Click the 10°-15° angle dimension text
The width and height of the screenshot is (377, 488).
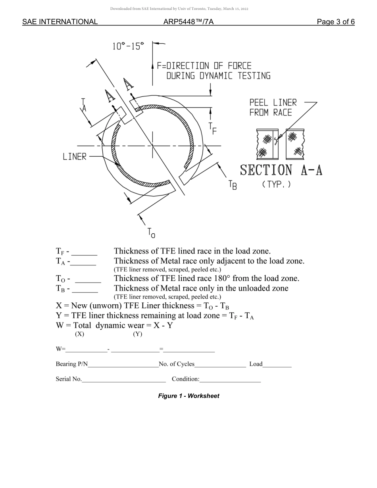pos(128,46)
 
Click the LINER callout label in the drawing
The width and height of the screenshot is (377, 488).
pos(75,157)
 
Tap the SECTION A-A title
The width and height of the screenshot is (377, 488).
pos(281,170)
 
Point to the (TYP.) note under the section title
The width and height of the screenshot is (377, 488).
pos(276,184)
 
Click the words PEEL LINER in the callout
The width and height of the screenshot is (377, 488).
pos(273,103)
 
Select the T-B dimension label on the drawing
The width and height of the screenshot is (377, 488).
pos(233,185)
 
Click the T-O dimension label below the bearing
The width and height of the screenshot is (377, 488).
pos(151,233)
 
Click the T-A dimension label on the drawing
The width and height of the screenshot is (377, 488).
pos(84,104)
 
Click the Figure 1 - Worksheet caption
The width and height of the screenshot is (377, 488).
pos(188,396)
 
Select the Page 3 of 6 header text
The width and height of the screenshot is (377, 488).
pos(336,22)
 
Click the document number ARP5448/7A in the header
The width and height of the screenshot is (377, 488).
pos(188,22)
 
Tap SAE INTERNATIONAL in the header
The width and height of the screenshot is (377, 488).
pos(60,22)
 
